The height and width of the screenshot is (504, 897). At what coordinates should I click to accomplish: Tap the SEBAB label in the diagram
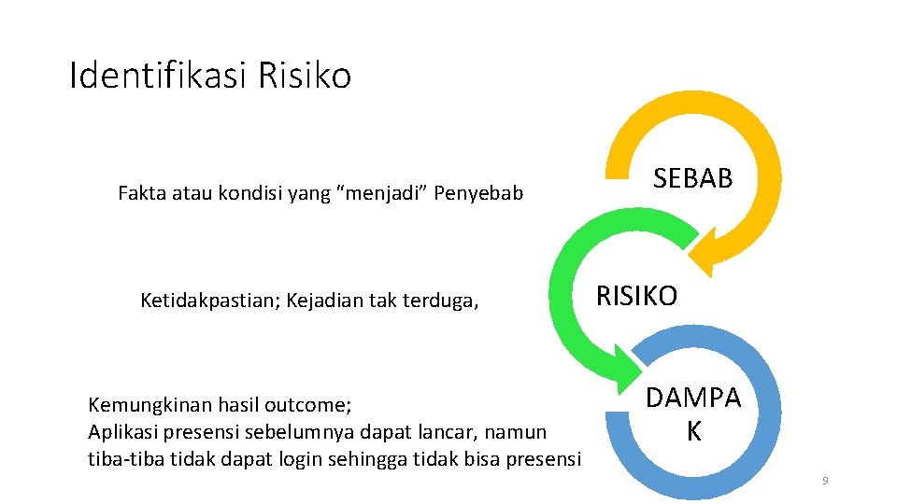coord(692,178)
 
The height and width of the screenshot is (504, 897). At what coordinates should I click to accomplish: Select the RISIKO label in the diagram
coord(636,296)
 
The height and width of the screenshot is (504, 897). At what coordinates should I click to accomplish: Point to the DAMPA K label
coord(692,414)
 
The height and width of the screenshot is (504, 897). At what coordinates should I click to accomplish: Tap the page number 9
coord(825,481)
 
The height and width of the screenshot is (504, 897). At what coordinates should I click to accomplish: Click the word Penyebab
coord(482,194)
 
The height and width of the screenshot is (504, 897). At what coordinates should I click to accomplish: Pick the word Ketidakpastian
coord(210,301)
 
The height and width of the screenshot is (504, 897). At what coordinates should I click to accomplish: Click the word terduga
coord(443,301)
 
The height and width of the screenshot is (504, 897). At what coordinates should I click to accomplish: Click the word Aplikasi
coord(121,432)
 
